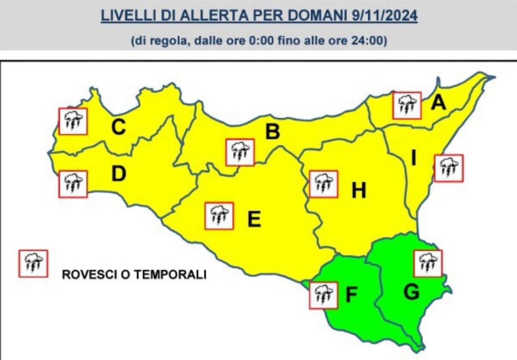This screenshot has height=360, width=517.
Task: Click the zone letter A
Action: tap(439, 103)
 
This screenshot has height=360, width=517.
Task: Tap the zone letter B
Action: tap(272, 132)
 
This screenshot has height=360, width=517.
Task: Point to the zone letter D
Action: tap(118, 175)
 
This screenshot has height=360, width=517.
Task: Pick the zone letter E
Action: tap(254, 220)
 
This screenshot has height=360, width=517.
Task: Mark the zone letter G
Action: tap(411, 292)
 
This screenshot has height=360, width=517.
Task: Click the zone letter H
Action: tap(359, 190)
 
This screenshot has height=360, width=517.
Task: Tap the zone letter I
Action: tap(414, 159)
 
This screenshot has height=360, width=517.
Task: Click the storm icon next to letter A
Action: tap(407, 105)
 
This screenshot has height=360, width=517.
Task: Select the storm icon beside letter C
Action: tap(73, 122)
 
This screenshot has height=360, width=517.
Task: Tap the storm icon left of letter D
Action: tap(73, 184)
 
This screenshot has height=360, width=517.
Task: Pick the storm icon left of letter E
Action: tap(219, 216)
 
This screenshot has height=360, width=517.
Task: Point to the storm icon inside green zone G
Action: tap(427, 263)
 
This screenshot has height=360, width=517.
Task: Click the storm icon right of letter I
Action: tap(449, 168)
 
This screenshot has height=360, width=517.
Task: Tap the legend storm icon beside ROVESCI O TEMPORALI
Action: tap(33, 263)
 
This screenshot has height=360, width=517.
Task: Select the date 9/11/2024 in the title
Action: tap(382, 16)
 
